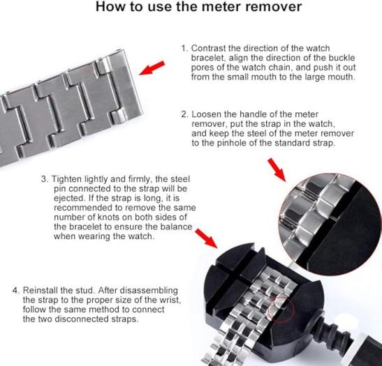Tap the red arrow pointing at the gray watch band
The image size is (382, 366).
tap(152, 68)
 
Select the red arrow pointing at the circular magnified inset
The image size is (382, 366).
tap(277, 170)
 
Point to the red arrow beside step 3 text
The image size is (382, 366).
tap(206, 238)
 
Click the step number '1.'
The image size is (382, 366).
tap(185, 48)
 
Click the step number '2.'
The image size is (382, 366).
tap(185, 114)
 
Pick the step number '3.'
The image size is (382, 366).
tap(45, 179)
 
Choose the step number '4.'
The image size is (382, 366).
tap(16, 291)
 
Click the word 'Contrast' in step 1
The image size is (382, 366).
tap(209, 48)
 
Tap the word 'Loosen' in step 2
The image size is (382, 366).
tap(206, 114)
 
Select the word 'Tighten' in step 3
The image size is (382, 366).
tap(66, 179)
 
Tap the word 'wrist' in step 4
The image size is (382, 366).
tap(170, 300)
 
